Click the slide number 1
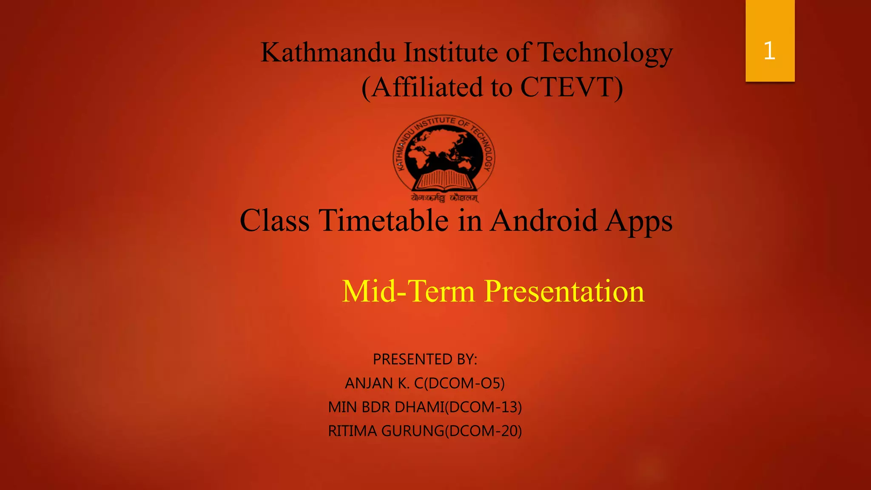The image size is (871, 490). pyautogui.click(x=769, y=51)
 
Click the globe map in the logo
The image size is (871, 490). pyautogui.click(x=442, y=149)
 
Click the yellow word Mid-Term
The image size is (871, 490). pyautogui.click(x=408, y=291)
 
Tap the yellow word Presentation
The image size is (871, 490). pyautogui.click(x=564, y=291)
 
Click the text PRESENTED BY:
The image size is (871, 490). pyautogui.click(x=425, y=359)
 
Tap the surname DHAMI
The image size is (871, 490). pyautogui.click(x=419, y=407)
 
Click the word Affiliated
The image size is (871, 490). pyautogui.click(x=427, y=87)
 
